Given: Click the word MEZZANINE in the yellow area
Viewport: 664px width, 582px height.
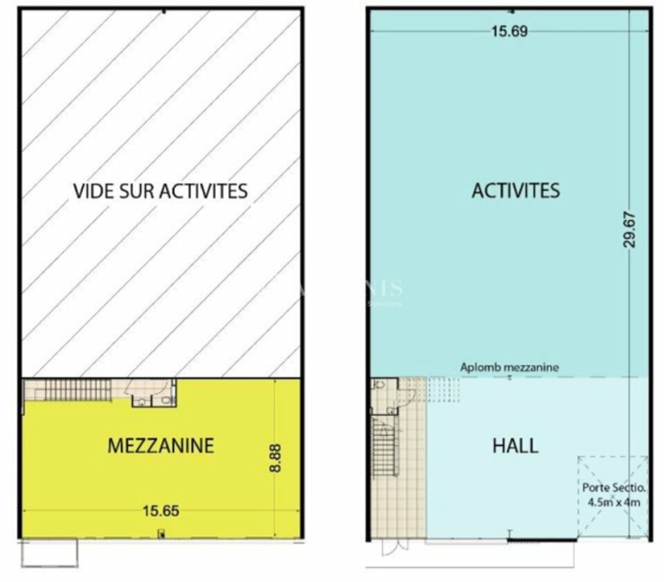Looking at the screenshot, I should point(161,446).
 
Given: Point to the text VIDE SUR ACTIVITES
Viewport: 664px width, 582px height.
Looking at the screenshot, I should point(161,191).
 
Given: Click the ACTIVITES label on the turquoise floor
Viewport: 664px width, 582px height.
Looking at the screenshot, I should point(515,191).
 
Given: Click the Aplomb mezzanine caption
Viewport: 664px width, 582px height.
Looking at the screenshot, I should point(510,366).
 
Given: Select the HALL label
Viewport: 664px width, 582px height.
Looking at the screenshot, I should point(515,445).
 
